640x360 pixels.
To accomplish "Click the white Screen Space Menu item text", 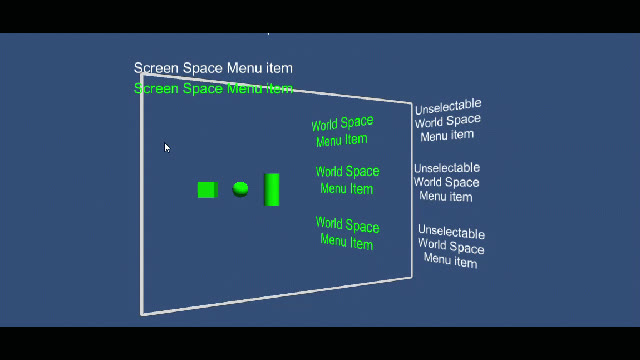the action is click(x=213, y=68).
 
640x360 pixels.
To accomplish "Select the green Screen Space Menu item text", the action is click(x=213, y=88).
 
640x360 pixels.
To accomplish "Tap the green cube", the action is click(x=208, y=190).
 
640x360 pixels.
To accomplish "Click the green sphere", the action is click(x=240, y=189).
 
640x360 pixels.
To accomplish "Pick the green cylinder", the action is click(x=271, y=189).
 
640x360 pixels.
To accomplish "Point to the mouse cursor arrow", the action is click(x=167, y=148).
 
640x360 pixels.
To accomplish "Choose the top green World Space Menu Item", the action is click(x=342, y=131).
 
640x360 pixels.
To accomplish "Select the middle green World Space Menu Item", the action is click(x=347, y=180).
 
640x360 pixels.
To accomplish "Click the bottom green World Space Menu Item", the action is click(x=347, y=233).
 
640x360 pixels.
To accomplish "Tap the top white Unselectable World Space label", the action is click(x=448, y=120).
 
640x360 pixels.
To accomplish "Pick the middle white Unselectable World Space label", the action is click(x=447, y=182).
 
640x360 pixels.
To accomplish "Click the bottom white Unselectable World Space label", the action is click(x=451, y=246).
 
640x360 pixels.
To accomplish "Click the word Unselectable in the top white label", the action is click(x=448, y=107).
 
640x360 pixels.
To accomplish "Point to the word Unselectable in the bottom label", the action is click(x=451, y=231).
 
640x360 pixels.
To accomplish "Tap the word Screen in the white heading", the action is click(x=156, y=68).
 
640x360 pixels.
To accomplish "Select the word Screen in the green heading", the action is click(x=156, y=88).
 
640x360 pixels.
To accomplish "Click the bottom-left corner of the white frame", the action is click(x=142, y=314).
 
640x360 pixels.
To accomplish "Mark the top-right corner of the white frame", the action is click(x=411, y=103).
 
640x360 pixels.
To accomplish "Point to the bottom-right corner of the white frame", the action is click(x=411, y=278).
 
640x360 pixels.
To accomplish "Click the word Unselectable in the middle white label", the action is click(x=447, y=168).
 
